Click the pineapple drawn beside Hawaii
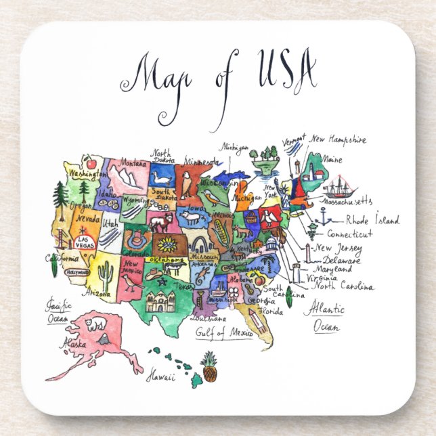210,366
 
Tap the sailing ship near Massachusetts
338,188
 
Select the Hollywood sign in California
78,272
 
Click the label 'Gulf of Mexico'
223,332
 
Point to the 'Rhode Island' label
372,220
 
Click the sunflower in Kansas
167,243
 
